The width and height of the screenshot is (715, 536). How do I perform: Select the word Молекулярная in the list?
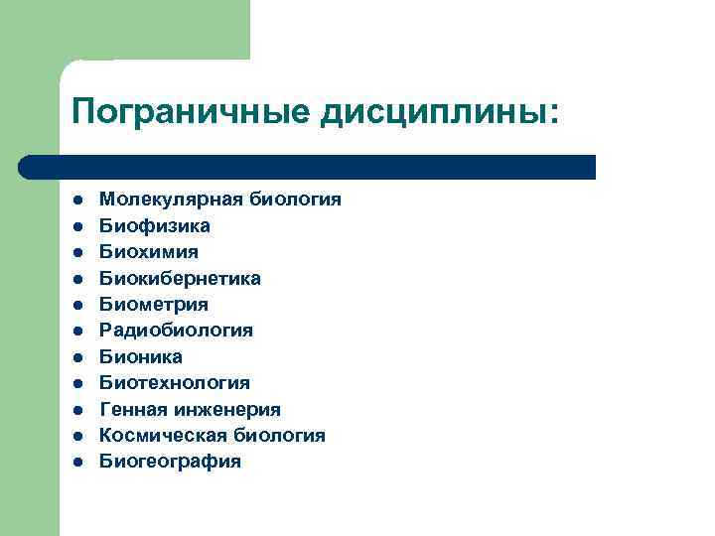(158, 200)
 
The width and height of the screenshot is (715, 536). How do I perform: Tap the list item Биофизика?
(154, 226)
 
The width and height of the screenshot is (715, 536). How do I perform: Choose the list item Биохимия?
(148, 252)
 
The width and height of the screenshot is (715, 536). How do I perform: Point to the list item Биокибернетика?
(180, 279)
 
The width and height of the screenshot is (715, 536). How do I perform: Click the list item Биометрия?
(154, 305)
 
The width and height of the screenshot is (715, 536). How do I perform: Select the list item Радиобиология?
(176, 331)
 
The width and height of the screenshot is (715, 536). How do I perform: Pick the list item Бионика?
(140, 356)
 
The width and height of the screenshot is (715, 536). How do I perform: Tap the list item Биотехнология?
(174, 383)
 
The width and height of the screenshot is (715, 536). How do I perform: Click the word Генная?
(132, 409)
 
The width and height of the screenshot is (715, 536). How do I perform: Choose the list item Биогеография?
(170, 462)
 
